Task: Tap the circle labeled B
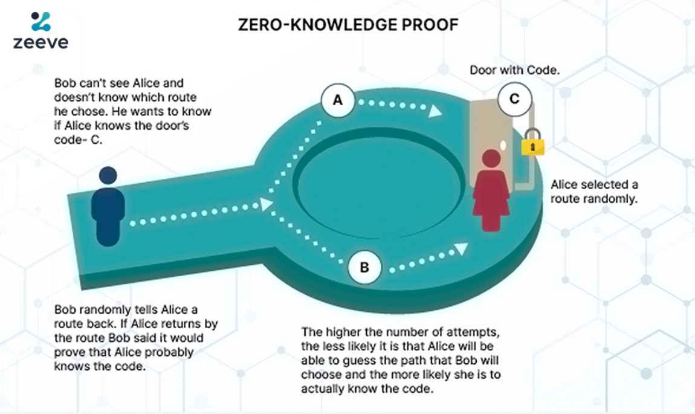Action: click(x=364, y=267)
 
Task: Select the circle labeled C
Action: click(x=514, y=99)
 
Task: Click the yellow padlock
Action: click(x=532, y=146)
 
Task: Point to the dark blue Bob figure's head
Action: click(x=108, y=176)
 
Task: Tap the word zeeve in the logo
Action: click(x=40, y=42)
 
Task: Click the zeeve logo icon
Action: click(x=41, y=21)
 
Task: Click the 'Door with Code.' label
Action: click(x=514, y=70)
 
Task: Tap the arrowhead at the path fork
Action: click(x=265, y=204)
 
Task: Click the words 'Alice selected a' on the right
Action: click(x=593, y=184)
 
